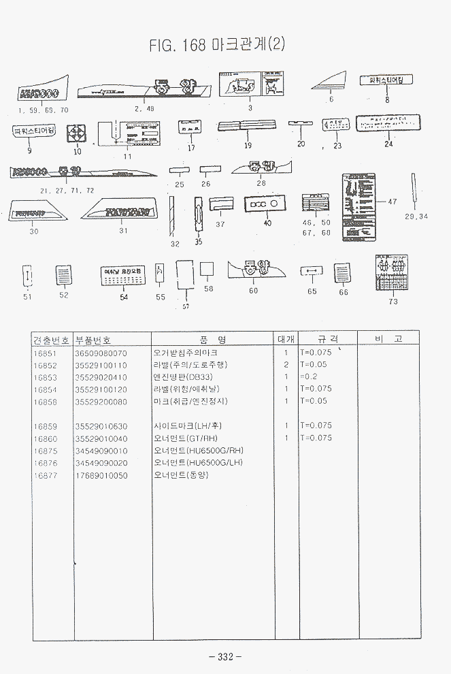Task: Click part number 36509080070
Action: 101,353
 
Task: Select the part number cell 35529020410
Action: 101,377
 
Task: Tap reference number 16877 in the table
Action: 45,475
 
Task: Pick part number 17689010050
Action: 101,475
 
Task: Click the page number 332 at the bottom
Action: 225,657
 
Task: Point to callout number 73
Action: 393,302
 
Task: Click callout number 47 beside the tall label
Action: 392,202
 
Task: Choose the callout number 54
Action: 124,297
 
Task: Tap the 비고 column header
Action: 388,339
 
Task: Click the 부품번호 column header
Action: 93,339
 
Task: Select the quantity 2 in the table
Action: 286,365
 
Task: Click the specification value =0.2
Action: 308,377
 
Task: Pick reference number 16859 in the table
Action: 45,426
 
